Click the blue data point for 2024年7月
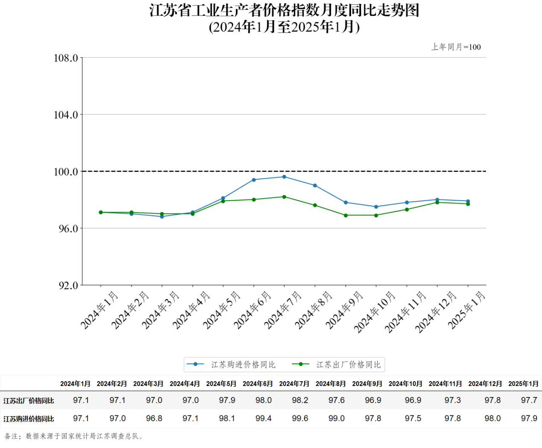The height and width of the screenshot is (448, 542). click(x=284, y=177)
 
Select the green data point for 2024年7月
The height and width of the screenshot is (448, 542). click(x=284, y=197)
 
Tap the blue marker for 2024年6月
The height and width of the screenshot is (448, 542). click(x=254, y=180)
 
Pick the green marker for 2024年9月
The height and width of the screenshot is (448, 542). click(x=346, y=215)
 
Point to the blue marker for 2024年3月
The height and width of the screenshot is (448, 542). click(x=162, y=217)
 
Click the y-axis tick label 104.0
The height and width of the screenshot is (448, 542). click(x=66, y=115)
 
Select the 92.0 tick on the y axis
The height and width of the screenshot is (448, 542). click(x=68, y=285)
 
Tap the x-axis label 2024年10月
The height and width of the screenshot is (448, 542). click(x=375, y=312)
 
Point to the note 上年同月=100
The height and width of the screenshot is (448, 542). click(x=456, y=47)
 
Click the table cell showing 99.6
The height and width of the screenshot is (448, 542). click(x=300, y=418)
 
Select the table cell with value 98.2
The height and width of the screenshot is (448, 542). click(x=300, y=401)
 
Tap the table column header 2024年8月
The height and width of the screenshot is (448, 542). click(x=331, y=384)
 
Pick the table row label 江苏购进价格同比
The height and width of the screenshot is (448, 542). click(x=29, y=419)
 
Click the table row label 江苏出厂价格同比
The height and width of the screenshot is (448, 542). click(x=29, y=401)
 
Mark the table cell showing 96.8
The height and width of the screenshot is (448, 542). click(x=154, y=418)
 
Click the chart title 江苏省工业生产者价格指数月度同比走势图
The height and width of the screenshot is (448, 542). click(x=284, y=10)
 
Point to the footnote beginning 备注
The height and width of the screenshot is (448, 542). click(x=74, y=436)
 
